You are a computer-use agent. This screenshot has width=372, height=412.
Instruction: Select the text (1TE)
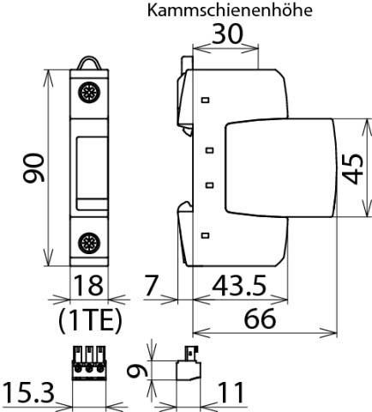(90, 320)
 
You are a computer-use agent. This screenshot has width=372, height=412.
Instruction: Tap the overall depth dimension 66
(264, 320)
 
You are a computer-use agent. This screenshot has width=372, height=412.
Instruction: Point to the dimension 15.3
(28, 394)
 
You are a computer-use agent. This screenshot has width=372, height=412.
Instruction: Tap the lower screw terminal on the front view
(88, 242)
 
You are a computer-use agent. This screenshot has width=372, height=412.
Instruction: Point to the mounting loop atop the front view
(89, 63)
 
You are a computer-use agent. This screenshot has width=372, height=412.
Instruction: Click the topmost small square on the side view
(205, 100)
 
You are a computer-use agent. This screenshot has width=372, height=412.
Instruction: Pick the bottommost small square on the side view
(205, 234)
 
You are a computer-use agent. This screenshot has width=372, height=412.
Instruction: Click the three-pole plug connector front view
(89, 364)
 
